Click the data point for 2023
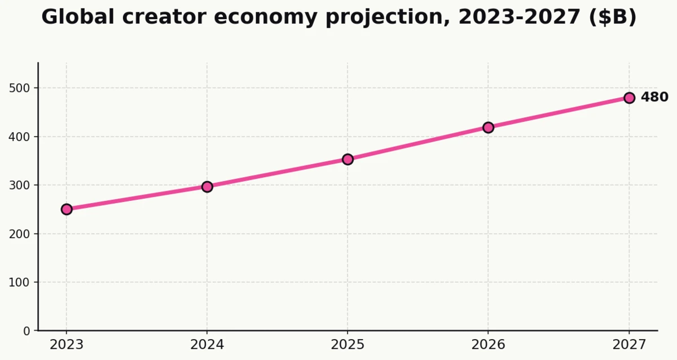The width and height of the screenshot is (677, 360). pyautogui.click(x=67, y=209)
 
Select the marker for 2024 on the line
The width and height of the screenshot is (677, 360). pyautogui.click(x=207, y=187)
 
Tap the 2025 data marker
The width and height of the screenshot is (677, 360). pyautogui.click(x=348, y=159)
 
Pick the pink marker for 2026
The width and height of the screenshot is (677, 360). pyautogui.click(x=488, y=128)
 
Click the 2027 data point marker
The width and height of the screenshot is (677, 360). pyautogui.click(x=629, y=98)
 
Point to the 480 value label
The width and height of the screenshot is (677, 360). pyautogui.click(x=654, y=98)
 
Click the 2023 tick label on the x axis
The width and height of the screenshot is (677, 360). pyautogui.click(x=67, y=345)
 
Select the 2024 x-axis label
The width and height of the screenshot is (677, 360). pyautogui.click(x=207, y=345)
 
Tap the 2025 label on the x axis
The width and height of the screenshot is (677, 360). pyautogui.click(x=348, y=345)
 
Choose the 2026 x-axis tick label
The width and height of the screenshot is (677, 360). pyautogui.click(x=488, y=345)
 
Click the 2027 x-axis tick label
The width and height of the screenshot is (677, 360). pyautogui.click(x=629, y=345)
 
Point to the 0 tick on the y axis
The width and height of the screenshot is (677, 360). pyautogui.click(x=27, y=331)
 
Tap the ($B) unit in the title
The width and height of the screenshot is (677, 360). pyautogui.click(x=613, y=17)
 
